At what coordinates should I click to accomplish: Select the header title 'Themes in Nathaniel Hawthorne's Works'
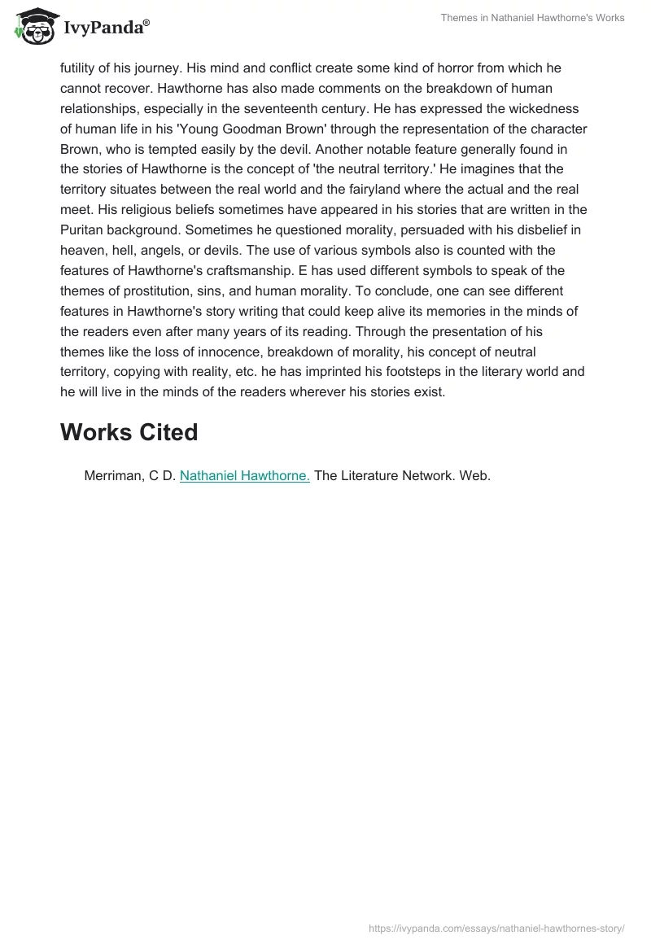coord(532,18)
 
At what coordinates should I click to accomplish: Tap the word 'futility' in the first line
coord(80,68)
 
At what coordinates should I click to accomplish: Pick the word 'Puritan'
coord(84,230)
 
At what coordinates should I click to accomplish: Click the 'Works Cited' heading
coord(129,432)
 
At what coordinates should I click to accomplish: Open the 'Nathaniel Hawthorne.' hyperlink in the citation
coord(244,476)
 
